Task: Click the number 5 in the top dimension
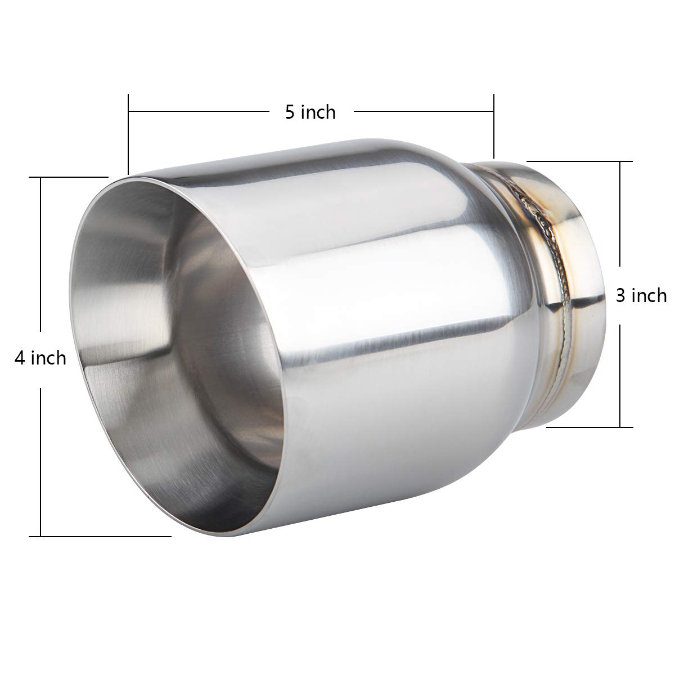click(x=290, y=112)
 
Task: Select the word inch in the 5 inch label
click(x=318, y=112)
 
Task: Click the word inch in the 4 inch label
click(x=48, y=358)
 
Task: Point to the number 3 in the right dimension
click(x=621, y=295)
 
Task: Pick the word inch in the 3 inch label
click(x=649, y=295)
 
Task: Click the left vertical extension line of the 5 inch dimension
click(x=129, y=135)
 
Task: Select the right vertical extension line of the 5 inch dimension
click(x=493, y=127)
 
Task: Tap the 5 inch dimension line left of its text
click(x=197, y=112)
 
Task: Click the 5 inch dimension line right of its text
click(x=422, y=112)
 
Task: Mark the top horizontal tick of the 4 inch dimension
click(x=67, y=177)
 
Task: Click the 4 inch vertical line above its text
click(x=41, y=253)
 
